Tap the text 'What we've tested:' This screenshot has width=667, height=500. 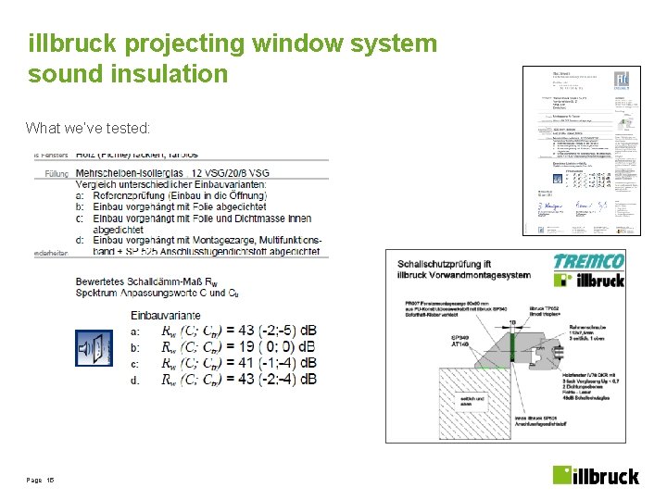click(88, 128)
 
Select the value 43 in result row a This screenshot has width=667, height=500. click(247, 331)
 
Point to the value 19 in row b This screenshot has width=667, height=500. click(247, 347)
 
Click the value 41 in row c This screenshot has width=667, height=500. click(247, 363)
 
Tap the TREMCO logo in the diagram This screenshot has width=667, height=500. click(588, 260)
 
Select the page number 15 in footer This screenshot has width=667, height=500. click(51, 481)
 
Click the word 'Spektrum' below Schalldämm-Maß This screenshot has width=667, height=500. click(102, 293)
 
